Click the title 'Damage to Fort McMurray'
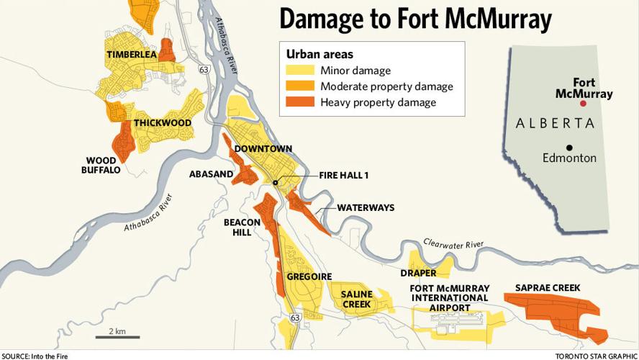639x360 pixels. (x=414, y=19)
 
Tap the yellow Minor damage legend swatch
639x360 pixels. (x=300, y=71)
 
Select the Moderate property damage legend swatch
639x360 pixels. (x=300, y=86)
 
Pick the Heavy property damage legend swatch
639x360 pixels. (x=300, y=102)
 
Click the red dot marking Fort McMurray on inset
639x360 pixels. (x=584, y=104)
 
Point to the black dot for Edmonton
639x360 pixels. (x=568, y=147)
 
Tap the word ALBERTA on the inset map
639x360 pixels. (x=555, y=123)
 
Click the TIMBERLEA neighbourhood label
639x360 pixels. (x=132, y=55)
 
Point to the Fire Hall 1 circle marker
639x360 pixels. (x=276, y=183)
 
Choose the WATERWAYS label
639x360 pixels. (x=366, y=207)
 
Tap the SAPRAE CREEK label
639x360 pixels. (x=548, y=288)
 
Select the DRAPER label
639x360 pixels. (x=419, y=273)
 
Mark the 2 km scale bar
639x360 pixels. (x=117, y=336)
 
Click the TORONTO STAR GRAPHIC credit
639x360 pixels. (x=596, y=356)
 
